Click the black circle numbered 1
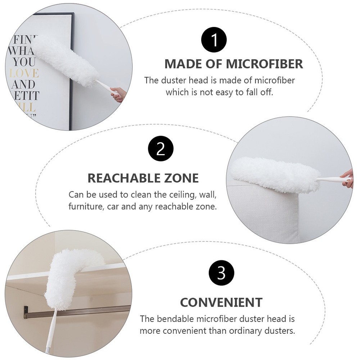tap(214, 39)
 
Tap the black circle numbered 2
tap(161, 148)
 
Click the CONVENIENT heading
tap(221, 302)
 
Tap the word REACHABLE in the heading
tap(122, 178)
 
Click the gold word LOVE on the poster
tap(24, 73)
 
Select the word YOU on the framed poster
tap(24, 62)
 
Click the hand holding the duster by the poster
tap(118, 94)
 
